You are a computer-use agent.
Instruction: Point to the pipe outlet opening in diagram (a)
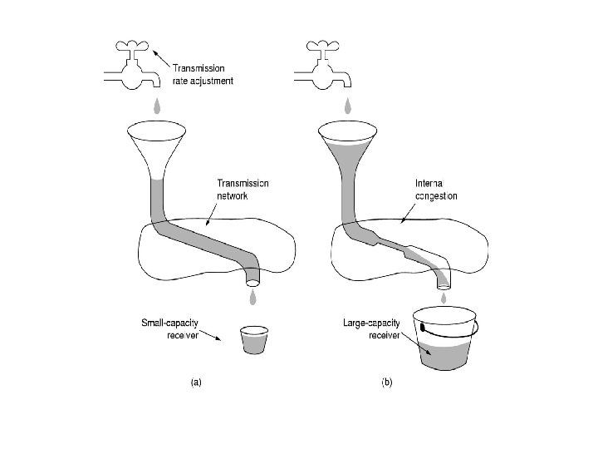tap(252, 283)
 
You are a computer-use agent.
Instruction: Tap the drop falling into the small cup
tap(252, 298)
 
